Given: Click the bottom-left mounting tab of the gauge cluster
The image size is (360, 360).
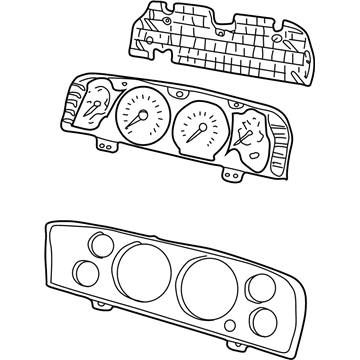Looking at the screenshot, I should (103, 143).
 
